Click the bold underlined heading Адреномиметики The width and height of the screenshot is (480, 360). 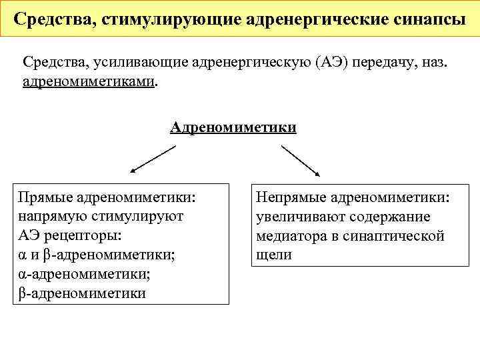tap(233, 127)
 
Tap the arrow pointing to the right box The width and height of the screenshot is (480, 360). tap(303, 161)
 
